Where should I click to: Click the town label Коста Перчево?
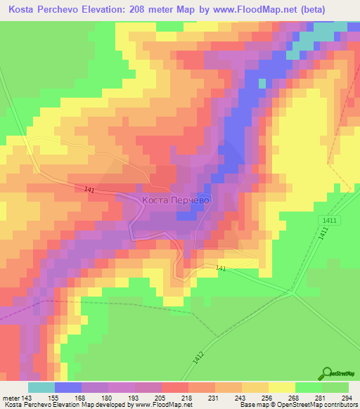[x=176, y=200]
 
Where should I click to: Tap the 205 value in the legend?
[x=162, y=398]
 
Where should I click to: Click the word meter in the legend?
[x=11, y=398]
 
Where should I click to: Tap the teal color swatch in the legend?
[x=41, y=387]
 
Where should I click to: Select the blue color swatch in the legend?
[x=68, y=387]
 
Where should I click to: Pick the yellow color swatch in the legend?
[x=282, y=387]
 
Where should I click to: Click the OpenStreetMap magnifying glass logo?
[x=325, y=374]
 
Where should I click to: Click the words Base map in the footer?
[x=251, y=405]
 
